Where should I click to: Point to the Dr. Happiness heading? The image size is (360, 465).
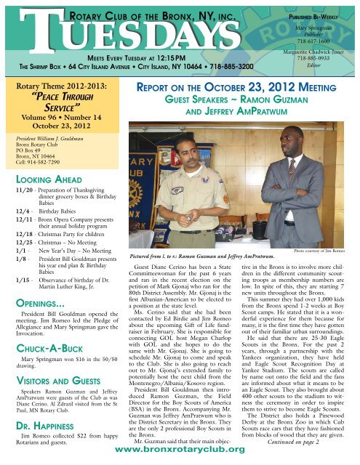tap(39, 418)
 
